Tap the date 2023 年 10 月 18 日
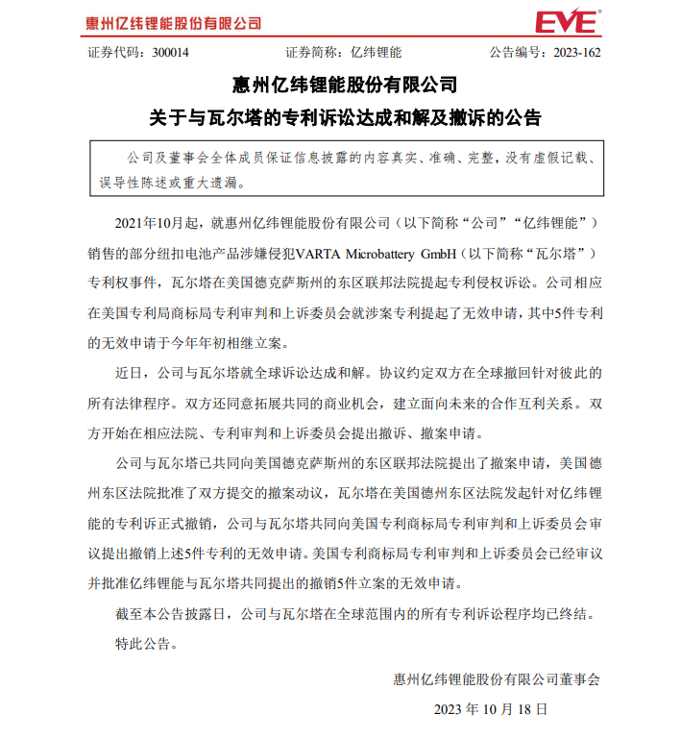pos(491,711)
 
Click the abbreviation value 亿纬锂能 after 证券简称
pos(377,52)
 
